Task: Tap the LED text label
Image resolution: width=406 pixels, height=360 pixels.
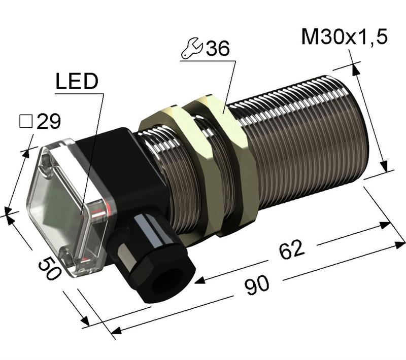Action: [x=76, y=83]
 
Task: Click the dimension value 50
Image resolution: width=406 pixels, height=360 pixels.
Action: [x=49, y=267]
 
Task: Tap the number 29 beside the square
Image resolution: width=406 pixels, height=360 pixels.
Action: [x=49, y=121]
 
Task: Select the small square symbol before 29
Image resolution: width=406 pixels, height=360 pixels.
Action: [x=25, y=121]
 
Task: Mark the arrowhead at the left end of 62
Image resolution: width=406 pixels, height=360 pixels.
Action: [x=199, y=280]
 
